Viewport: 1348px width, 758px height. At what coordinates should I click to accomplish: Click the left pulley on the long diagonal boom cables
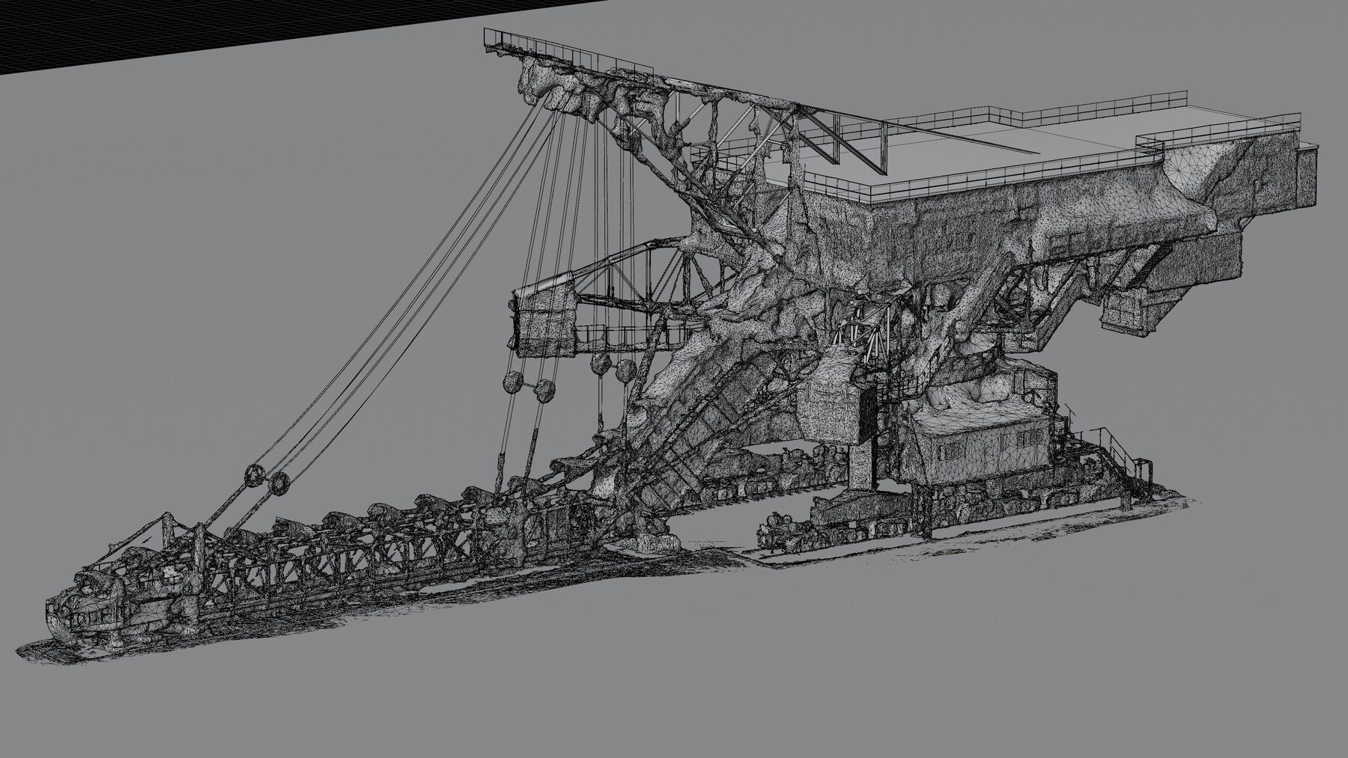(253, 476)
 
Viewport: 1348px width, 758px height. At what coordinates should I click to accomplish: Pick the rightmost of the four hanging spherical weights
(625, 369)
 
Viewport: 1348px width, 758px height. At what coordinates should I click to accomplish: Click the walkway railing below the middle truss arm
(622, 331)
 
